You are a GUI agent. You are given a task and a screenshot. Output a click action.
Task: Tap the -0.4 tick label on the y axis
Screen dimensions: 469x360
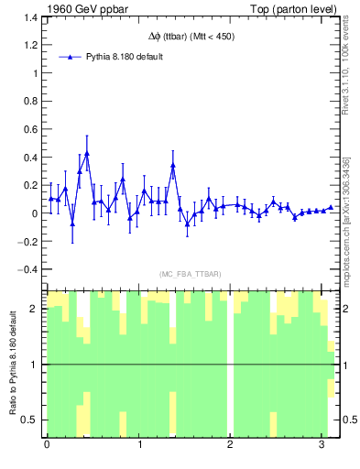(30, 269)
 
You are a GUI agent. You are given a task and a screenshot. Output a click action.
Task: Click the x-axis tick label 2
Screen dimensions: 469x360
(229, 445)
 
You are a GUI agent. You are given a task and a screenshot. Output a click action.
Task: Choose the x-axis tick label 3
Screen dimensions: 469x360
(321, 445)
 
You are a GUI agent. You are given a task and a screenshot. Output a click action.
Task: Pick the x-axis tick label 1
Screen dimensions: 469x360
(138, 445)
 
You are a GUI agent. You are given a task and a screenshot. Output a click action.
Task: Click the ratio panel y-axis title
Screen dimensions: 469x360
(12, 364)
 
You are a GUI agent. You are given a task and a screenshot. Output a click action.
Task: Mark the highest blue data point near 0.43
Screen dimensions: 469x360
(86, 154)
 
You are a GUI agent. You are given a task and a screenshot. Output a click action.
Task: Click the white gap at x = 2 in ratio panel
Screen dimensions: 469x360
(230, 364)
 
